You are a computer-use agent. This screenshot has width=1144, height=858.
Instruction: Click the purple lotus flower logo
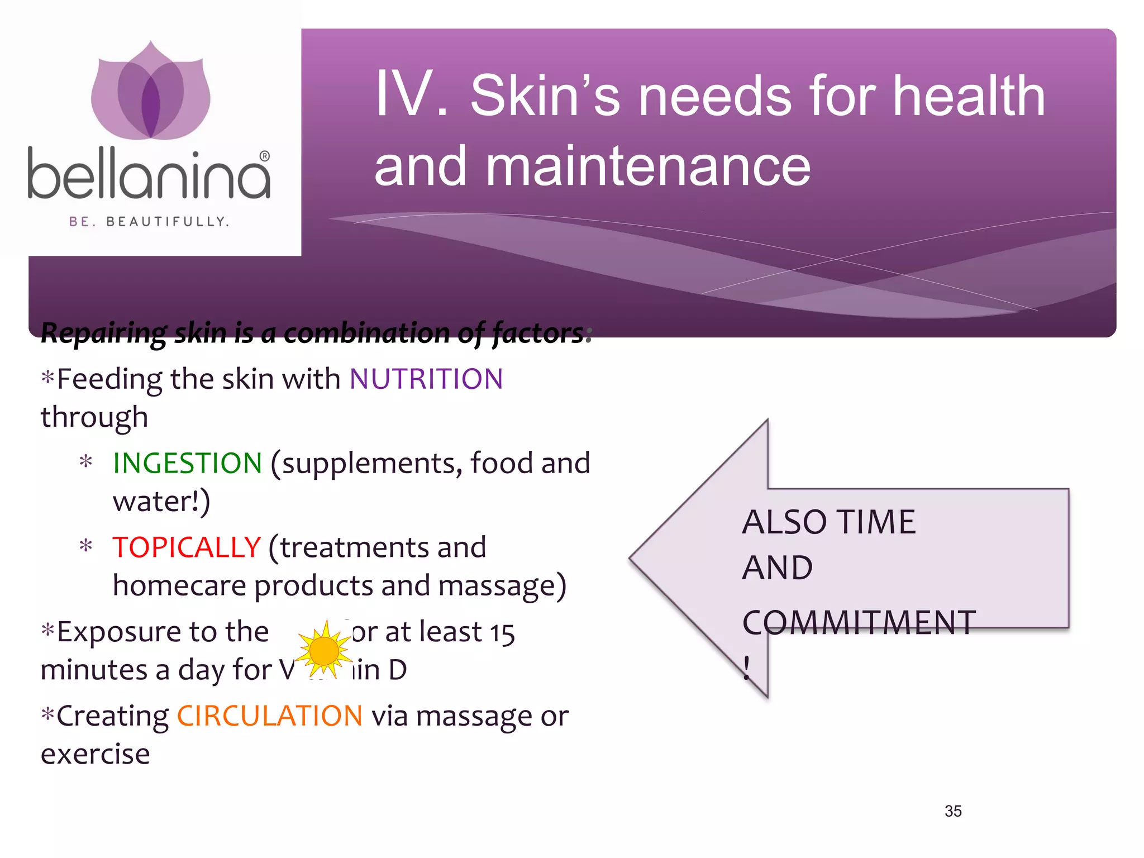pos(150,92)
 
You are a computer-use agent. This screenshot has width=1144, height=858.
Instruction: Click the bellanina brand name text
pos(149,174)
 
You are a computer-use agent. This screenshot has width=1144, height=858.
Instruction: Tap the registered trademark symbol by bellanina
pos(265,156)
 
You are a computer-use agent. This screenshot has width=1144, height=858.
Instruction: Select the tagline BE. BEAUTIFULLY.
pos(149,222)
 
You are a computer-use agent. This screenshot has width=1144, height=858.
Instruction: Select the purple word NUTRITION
pos(426,379)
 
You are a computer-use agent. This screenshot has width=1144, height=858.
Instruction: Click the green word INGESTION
pos(187,463)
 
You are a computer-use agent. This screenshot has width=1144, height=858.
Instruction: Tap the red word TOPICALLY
pos(187,547)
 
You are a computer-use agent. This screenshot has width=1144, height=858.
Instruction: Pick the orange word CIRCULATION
pos(270,716)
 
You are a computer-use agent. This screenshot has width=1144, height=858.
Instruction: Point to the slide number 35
pos(953,811)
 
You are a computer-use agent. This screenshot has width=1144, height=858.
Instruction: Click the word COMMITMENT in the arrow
pos(859,623)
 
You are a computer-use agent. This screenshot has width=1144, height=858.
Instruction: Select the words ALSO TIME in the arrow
pos(828,522)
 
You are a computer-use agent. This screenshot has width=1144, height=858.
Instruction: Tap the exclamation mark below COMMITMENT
pos(747,668)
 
